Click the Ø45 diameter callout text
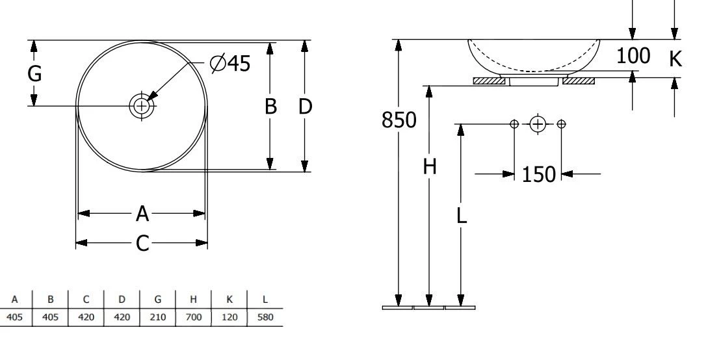230,64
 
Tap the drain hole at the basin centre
141,105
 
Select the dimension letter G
34,74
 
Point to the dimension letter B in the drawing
270,107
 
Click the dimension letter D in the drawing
305,107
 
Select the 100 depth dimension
633,57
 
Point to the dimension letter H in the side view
429,167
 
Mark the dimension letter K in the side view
676,60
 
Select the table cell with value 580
265,316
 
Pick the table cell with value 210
158,316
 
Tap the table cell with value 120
230,316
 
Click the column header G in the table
158,301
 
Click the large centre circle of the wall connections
538,124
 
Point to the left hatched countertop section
490,81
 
